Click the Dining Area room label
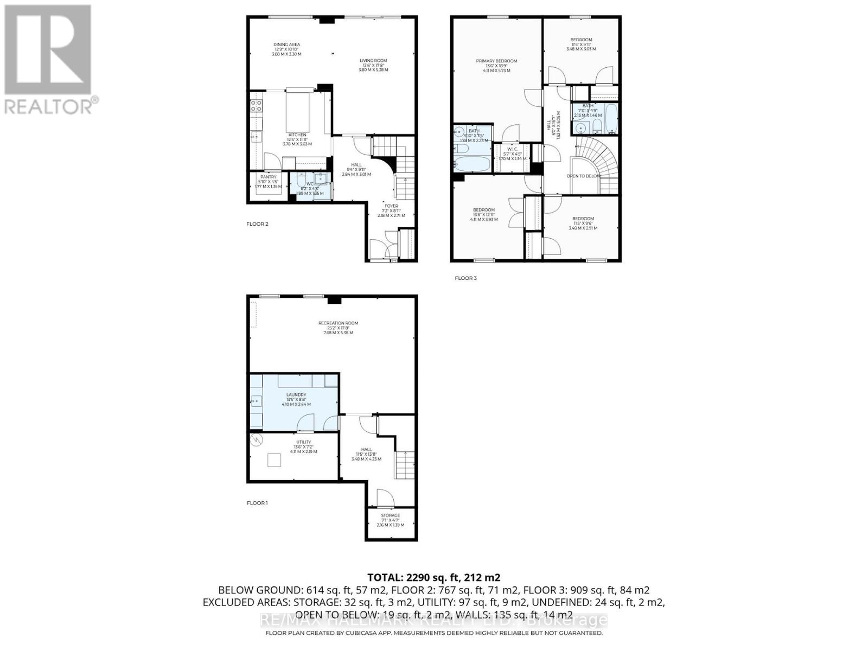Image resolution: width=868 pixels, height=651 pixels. [286, 45]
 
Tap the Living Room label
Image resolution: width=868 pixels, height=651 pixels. [373, 61]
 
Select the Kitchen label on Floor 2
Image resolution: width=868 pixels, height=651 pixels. [297, 135]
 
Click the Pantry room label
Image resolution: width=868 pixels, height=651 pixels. [268, 177]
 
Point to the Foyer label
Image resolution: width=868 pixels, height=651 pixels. [391, 206]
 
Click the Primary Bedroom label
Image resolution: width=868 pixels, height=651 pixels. [496, 61]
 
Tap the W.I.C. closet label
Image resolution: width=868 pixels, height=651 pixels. [513, 150]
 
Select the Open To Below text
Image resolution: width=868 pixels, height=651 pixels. [584, 176]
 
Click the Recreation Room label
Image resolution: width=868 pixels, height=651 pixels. [338, 323]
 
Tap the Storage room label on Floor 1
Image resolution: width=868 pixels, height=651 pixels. [390, 516]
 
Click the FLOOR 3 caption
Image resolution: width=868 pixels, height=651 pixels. [465, 278]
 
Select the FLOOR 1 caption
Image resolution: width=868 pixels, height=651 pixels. [257, 503]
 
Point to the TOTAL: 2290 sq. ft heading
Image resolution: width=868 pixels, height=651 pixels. [433, 577]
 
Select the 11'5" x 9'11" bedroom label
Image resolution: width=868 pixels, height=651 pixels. [581, 40]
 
